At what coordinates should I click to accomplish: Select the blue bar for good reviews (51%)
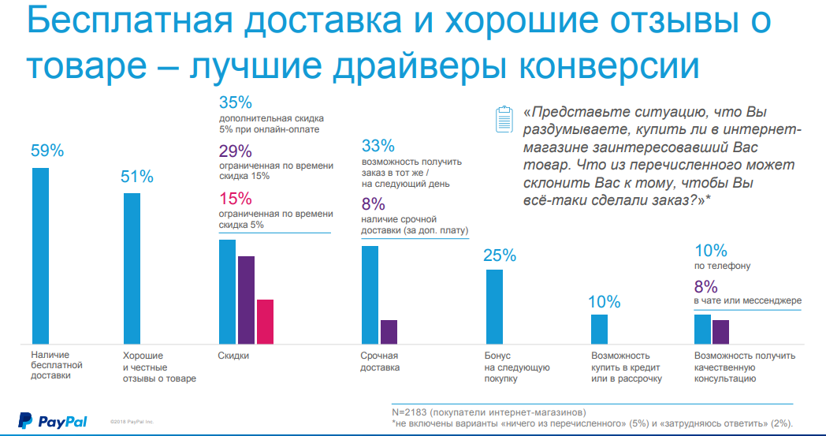(132, 268)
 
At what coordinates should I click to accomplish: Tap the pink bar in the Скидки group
(265, 322)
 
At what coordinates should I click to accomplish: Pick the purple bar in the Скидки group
(246, 300)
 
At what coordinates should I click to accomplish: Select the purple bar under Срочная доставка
(389, 332)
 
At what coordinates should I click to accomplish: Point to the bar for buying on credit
(600, 329)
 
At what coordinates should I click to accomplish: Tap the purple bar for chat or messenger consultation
(720, 332)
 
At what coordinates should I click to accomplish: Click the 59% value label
(47, 151)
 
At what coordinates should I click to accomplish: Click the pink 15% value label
(235, 199)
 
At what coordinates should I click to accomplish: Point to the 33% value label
(378, 146)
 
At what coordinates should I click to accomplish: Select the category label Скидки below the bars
(233, 356)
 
